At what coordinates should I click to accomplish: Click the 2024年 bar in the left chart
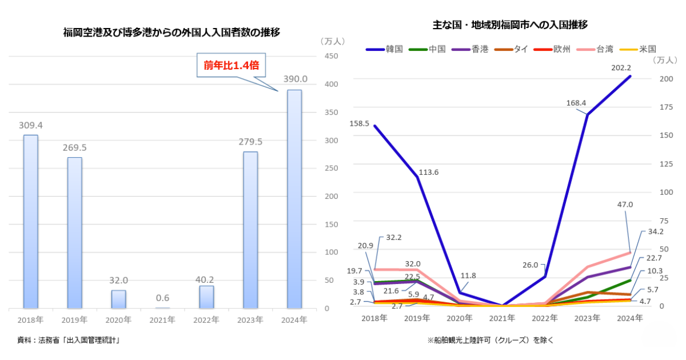[294, 199]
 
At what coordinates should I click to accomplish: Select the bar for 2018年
[30, 222]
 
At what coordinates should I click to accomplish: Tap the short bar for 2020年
[118, 299]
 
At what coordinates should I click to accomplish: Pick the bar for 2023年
[250, 230]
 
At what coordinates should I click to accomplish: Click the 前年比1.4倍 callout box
[232, 65]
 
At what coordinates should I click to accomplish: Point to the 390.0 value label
[296, 79]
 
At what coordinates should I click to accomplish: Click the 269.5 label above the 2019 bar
[74, 147]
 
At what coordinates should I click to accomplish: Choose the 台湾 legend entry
[595, 49]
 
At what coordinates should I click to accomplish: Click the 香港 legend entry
[469, 49]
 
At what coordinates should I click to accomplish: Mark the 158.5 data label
[360, 123]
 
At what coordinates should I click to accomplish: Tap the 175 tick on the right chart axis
[659, 106]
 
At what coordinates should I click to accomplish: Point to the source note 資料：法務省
[68, 340]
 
